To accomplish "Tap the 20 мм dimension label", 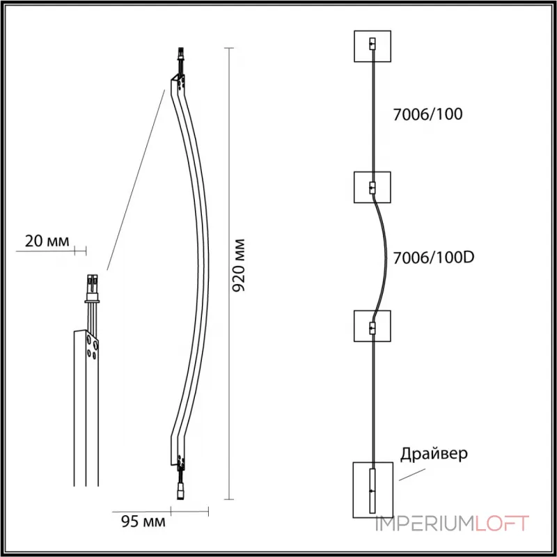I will pyautogui.click(x=47, y=242).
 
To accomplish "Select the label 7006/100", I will pyautogui.click(x=428, y=115).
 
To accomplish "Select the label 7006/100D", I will pyautogui.click(x=433, y=257).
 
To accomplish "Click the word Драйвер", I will pyautogui.click(x=434, y=453).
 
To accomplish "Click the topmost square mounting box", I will pyautogui.click(x=372, y=47).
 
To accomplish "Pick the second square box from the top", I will pyautogui.click(x=372, y=187).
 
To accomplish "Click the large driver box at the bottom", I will pyautogui.click(x=372, y=488).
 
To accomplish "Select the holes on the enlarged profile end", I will pyautogui.click(x=91, y=345).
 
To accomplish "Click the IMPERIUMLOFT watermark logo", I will pyautogui.click(x=453, y=524).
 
